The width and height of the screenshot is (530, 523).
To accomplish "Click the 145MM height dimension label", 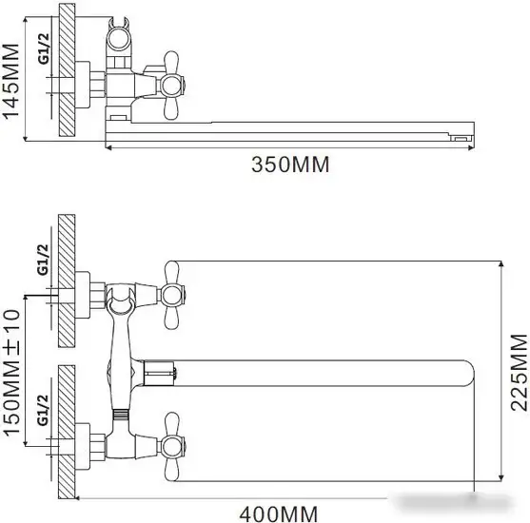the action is (10, 81).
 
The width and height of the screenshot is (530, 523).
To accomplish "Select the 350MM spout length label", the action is (290, 165).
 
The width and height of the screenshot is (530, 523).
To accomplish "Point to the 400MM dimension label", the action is (279, 513).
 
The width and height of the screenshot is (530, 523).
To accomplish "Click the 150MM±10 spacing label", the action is (10, 373).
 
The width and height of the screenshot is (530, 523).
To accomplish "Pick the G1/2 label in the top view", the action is (44, 48).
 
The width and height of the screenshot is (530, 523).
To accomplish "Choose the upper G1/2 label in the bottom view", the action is (43, 260).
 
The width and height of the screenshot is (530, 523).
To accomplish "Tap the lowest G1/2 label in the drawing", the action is (43, 410).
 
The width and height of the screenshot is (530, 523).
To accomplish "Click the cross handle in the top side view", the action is (171, 86).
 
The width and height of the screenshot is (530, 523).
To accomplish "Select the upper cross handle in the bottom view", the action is (171, 296).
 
